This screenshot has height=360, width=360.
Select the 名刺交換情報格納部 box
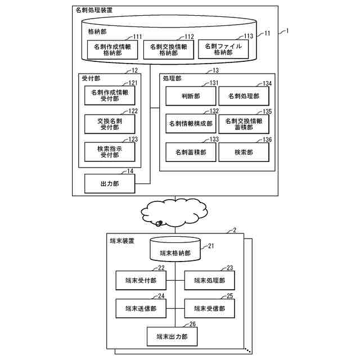(168, 50)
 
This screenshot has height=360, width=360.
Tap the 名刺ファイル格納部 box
(223, 49)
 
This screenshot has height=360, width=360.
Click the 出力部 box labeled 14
(109, 182)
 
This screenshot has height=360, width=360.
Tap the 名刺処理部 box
(244, 96)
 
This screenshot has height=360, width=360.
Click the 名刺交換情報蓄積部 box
(244, 124)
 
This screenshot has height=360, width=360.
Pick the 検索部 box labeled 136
(244, 152)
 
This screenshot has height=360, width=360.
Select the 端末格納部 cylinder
(174, 252)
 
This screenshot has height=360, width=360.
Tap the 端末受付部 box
(141, 280)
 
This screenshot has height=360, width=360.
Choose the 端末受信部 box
(209, 308)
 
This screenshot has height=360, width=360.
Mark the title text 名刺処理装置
(93, 10)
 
